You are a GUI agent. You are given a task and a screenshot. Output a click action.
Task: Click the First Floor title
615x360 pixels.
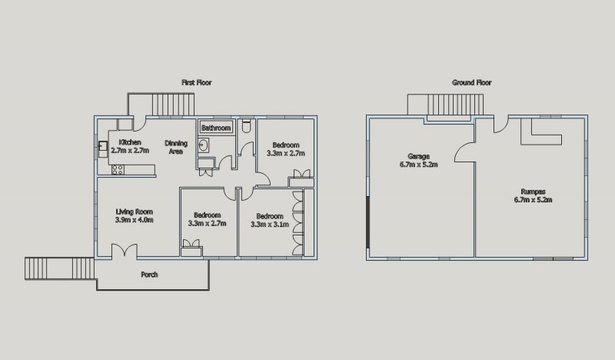pos(197,82)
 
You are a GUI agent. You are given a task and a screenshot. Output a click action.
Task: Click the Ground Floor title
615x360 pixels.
pos(471,82)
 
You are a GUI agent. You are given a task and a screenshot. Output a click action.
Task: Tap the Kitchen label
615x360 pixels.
pos(130,142)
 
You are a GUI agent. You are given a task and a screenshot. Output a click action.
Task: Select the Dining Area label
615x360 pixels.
pos(176,147)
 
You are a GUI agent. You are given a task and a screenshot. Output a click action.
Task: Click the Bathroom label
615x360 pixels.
pos(216,128)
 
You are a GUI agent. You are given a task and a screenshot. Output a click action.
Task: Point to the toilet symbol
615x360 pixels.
pos(246,126)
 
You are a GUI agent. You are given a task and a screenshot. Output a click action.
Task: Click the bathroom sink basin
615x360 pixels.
pos(203,145)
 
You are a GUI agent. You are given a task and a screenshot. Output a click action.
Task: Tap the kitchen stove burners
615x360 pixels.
pos(118,170)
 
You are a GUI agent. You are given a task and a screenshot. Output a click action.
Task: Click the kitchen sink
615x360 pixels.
pos(103,146)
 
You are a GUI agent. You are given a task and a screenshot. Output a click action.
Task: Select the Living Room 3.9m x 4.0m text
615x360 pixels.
pos(134,216)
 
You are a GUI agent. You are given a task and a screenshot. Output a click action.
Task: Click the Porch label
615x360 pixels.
pos(149,275)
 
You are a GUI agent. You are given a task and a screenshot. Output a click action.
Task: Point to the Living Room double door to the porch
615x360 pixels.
pos(125,251)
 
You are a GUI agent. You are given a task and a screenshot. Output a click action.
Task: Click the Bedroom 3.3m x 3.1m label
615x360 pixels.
pos(270,220)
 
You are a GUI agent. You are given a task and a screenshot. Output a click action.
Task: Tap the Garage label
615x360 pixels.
pos(418,160)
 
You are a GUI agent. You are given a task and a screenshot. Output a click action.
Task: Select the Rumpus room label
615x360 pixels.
pos(533,195)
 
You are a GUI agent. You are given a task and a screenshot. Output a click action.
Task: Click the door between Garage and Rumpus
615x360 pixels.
pos(465,152)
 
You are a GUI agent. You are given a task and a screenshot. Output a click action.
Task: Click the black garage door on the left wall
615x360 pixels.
pos(367,222)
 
